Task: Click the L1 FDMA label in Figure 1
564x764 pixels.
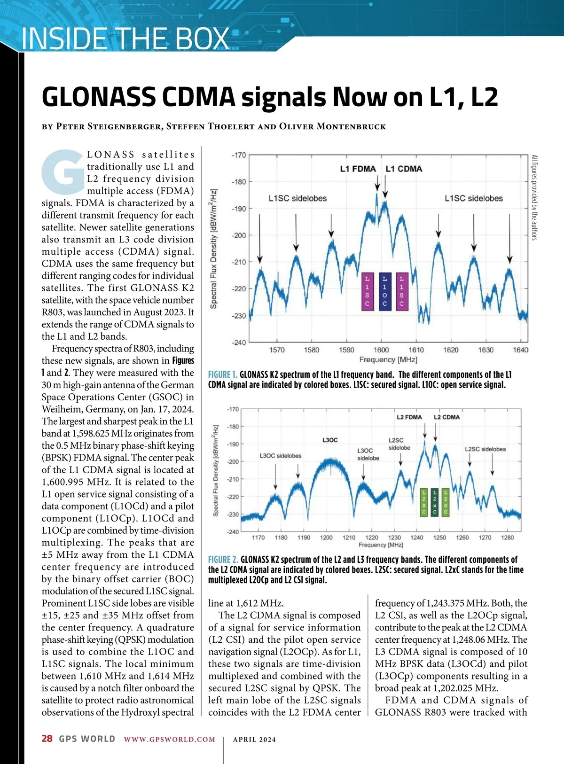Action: [x=358, y=169]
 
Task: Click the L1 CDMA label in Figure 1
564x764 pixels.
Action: [x=404, y=169]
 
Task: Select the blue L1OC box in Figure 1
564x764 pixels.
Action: [x=384, y=291]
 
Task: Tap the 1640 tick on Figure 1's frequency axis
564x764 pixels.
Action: [x=520, y=350]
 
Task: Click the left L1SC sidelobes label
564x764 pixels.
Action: [x=298, y=198]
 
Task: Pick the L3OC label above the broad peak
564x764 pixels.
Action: [x=330, y=440]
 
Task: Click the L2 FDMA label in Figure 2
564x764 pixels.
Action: [x=409, y=417]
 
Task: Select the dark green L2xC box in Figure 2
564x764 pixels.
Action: [x=435, y=502]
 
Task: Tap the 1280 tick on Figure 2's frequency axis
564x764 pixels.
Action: [x=508, y=538]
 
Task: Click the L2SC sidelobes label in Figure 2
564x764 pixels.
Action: [x=485, y=449]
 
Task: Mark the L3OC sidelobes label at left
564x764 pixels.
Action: [x=281, y=456]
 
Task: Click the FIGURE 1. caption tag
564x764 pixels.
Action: [x=222, y=375]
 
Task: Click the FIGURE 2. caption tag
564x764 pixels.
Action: [x=223, y=560]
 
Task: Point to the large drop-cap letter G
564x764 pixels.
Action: [x=63, y=172]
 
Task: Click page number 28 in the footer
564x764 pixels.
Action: [x=47, y=739]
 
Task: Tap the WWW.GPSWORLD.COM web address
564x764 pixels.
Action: [x=170, y=739]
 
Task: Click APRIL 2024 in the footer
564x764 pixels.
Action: [x=254, y=739]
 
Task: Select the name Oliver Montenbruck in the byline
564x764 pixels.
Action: [x=332, y=126]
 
